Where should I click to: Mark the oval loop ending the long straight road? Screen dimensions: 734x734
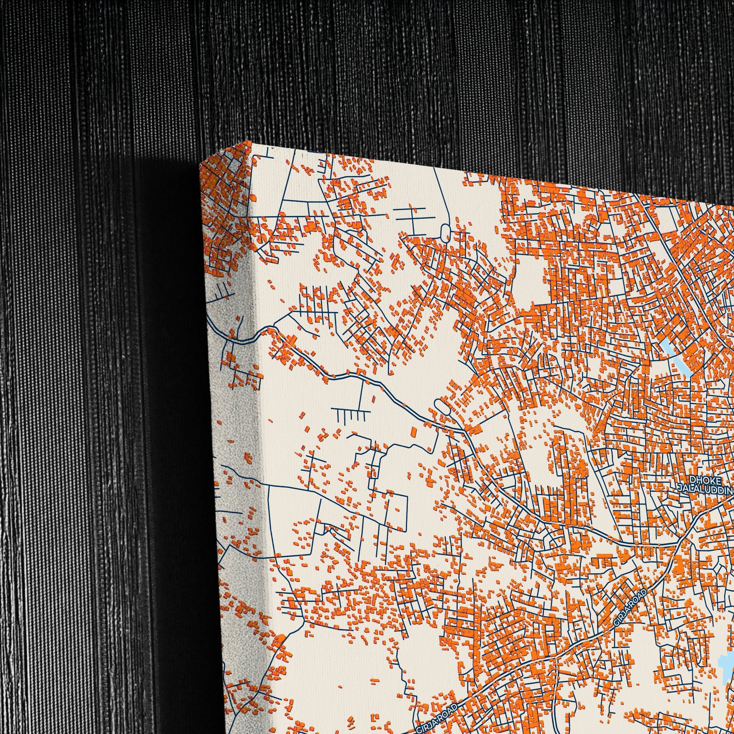(x=445, y=231)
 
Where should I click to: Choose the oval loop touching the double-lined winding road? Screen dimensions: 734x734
(x=441, y=406)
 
